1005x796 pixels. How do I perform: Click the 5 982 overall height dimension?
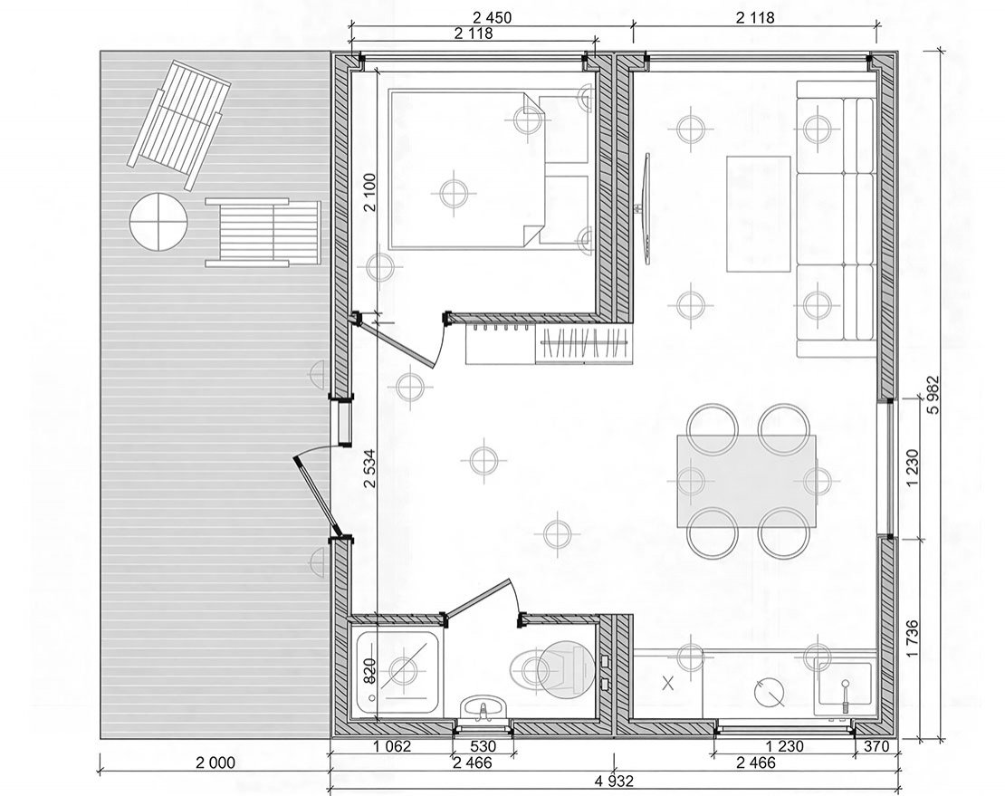tap(934, 394)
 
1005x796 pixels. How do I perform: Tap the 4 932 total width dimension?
tap(614, 782)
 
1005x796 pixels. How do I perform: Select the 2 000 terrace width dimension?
tap(215, 762)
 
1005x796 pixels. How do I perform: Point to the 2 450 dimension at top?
tap(492, 18)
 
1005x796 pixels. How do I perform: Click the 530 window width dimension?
tap(483, 747)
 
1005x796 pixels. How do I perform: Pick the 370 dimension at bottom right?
tap(876, 747)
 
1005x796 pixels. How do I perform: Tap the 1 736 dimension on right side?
tap(913, 638)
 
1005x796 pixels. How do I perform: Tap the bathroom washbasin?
tap(483, 708)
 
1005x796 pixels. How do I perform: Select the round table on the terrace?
tap(158, 223)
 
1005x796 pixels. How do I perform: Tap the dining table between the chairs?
tap(747, 482)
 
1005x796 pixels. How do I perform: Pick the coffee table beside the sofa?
tap(758, 214)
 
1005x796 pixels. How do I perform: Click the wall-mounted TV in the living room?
tap(647, 207)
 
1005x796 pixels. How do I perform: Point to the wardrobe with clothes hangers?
tap(582, 344)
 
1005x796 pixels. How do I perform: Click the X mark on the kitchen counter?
tap(668, 683)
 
